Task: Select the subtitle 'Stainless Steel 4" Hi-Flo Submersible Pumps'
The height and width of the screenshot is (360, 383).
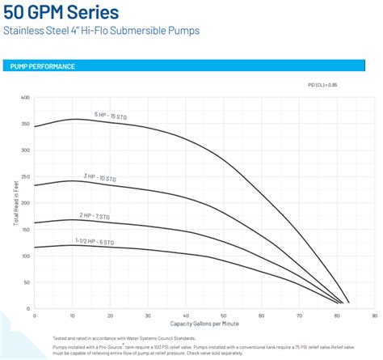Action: (100, 32)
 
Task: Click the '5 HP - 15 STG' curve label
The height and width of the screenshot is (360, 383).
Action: (111, 116)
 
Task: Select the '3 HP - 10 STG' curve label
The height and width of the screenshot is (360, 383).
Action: (101, 176)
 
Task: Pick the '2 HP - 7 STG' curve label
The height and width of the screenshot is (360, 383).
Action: (96, 215)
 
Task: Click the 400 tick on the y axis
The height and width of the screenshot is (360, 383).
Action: (25, 98)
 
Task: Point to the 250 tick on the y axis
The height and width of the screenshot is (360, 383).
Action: (25, 177)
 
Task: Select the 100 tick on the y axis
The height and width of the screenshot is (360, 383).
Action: (25, 256)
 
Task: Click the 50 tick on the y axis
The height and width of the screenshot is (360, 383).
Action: (27, 282)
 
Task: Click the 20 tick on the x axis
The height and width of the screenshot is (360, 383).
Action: (109, 316)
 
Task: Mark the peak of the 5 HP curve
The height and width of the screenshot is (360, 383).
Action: (74, 119)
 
